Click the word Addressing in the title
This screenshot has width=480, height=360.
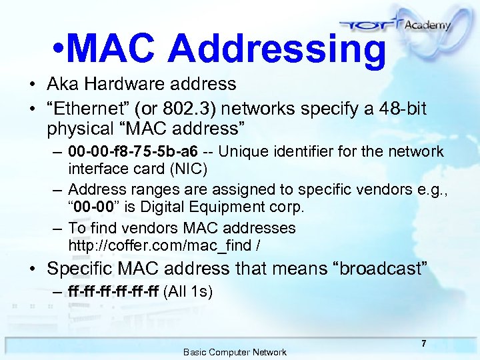click(277, 49)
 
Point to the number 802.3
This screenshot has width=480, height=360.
click(191, 108)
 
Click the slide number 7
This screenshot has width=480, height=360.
click(423, 343)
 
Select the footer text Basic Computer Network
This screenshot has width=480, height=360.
click(235, 352)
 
